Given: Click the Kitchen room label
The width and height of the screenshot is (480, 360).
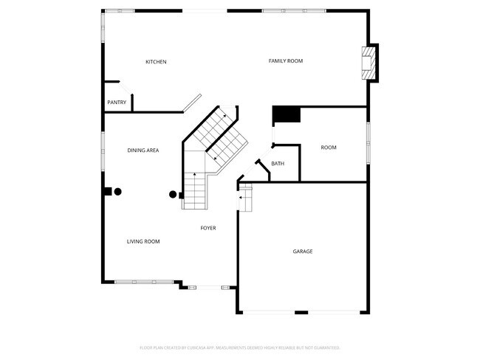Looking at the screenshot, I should click(x=156, y=62).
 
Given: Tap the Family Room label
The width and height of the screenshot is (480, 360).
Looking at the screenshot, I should click(x=285, y=60).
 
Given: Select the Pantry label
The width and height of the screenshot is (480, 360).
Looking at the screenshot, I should click(x=117, y=103).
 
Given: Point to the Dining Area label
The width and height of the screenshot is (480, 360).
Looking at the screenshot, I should click(x=143, y=150).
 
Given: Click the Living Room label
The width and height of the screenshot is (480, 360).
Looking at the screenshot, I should click(x=143, y=241).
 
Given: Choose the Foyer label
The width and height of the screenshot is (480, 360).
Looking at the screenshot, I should click(x=208, y=228).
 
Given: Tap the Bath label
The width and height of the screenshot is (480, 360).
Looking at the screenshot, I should click(x=278, y=164).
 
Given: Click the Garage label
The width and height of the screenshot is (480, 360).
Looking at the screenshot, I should click(x=303, y=252).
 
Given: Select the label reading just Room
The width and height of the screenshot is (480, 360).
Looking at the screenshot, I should click(x=329, y=148).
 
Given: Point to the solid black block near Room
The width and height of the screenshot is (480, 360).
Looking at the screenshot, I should click(x=287, y=114).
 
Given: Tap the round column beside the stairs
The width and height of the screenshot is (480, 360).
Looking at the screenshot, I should click(x=173, y=195).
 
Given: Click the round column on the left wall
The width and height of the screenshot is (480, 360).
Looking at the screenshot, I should click(x=117, y=192).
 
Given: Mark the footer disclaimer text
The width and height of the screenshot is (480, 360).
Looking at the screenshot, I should click(x=240, y=347).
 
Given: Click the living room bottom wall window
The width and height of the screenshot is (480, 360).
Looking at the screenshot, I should click(x=135, y=281).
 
